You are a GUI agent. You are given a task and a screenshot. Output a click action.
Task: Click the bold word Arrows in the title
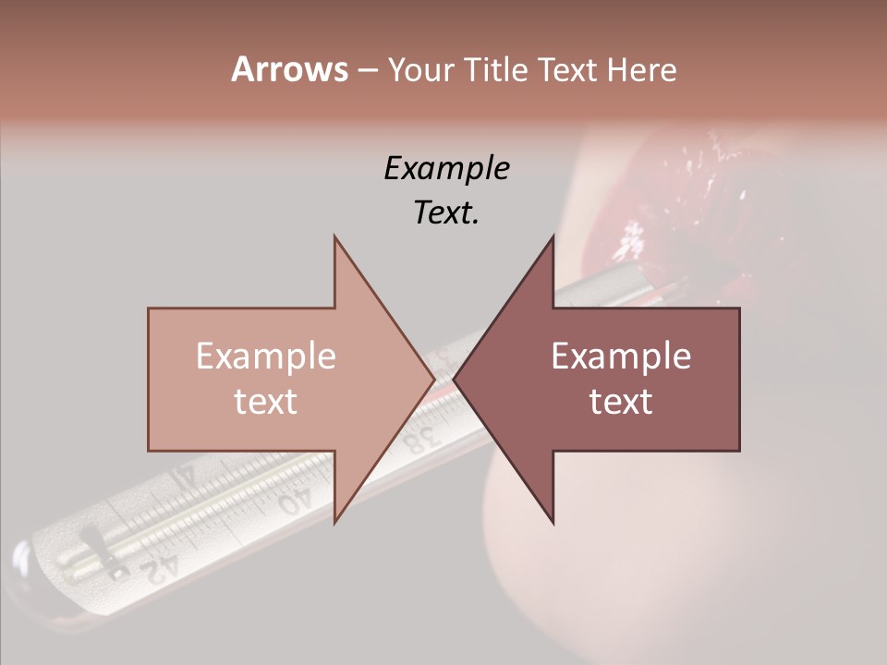289,69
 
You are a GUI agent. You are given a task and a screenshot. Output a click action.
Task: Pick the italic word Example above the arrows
446,169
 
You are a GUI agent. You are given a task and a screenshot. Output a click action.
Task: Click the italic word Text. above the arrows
446,213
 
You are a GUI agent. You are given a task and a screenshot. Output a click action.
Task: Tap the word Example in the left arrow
265,357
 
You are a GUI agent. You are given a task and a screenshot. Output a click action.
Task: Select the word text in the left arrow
265,402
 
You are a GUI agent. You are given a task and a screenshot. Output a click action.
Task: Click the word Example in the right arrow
621,357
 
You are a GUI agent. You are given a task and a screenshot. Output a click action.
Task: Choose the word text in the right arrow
621,402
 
